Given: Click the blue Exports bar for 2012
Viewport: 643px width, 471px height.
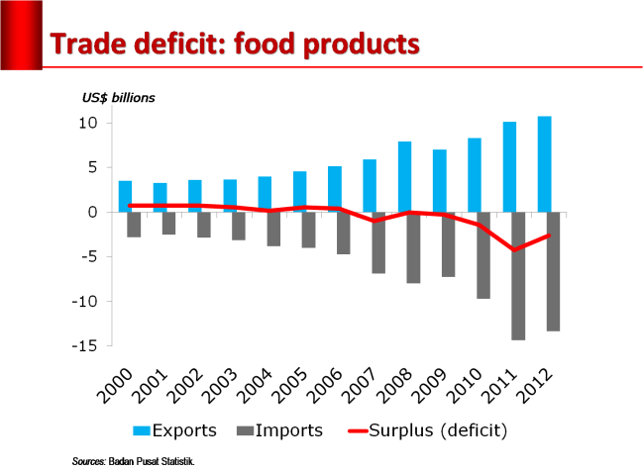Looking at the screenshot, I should (x=544, y=163).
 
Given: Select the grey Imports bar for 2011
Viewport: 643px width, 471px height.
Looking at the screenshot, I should (x=517, y=276).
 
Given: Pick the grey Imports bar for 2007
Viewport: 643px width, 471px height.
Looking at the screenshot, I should (x=377, y=242).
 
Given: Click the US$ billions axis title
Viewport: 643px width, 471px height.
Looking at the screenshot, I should (x=118, y=98).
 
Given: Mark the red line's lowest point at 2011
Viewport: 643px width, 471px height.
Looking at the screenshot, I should (x=513, y=250).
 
